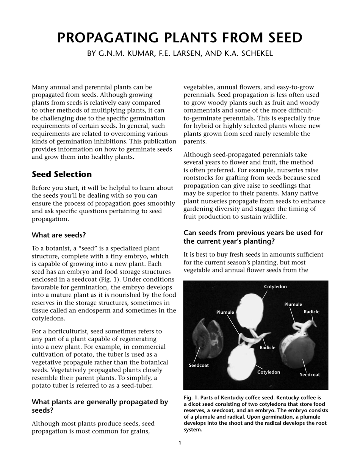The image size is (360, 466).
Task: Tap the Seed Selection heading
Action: coord(62,174)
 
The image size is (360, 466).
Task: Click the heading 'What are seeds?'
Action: coord(59,235)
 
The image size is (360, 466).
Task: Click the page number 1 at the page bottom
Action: coord(180,443)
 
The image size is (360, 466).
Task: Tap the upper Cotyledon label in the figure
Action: coord(275,287)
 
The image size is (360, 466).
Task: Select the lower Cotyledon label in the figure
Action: coord(269,372)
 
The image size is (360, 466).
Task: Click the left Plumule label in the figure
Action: coord(225,312)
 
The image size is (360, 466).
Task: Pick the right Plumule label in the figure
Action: coord(293,304)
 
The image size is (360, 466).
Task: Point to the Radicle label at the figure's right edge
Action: coord(311,312)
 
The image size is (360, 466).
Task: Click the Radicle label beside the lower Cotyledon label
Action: coord(267,347)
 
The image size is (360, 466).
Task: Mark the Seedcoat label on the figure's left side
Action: coord(199,366)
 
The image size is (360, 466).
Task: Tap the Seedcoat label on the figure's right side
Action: coord(310,375)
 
